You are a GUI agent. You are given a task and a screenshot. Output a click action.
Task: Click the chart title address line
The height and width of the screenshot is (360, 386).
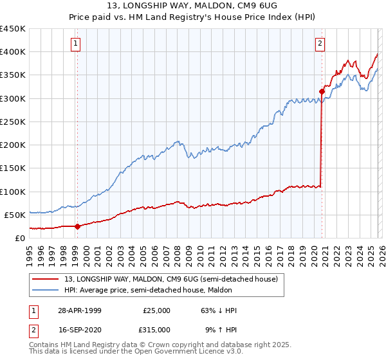[192, 6]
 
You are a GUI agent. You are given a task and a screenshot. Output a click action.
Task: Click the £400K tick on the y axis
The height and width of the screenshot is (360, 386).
[13, 52]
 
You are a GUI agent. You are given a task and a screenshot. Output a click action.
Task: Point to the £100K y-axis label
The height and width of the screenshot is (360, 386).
[13, 192]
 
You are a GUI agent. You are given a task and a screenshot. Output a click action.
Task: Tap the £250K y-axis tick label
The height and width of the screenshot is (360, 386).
[13, 122]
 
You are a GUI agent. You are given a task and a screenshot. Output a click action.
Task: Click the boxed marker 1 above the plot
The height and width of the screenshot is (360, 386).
[76, 44]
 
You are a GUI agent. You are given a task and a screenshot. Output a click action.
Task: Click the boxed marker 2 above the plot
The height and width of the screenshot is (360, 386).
[320, 44]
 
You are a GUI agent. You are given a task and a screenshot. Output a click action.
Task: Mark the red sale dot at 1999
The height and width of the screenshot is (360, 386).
[78, 226]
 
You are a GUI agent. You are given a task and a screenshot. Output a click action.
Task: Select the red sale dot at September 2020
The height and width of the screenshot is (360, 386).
[322, 91]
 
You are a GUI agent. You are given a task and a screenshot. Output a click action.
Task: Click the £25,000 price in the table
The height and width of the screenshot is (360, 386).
[157, 310]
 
